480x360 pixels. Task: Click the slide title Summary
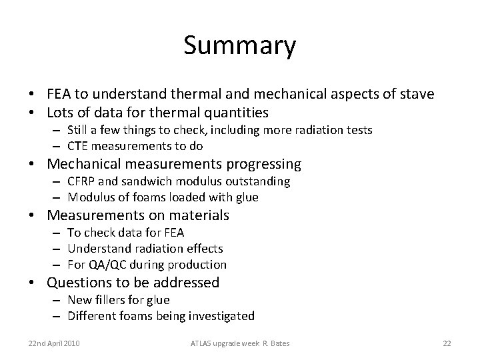[239, 46]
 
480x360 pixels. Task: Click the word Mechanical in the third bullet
[91, 164]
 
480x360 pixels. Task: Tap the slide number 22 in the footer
[447, 343]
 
